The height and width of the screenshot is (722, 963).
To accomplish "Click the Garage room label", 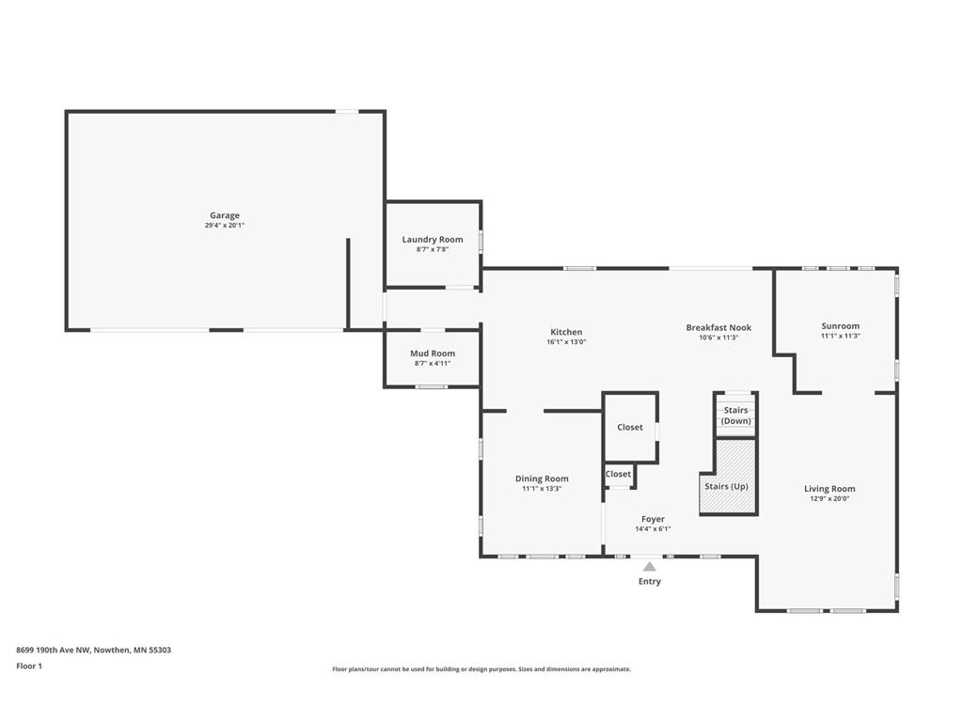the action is tap(225, 215).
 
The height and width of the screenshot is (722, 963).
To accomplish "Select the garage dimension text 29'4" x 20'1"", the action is tap(225, 226).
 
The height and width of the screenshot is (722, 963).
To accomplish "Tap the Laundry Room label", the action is tap(433, 240).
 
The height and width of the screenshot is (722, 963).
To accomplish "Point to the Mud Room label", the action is tap(433, 353).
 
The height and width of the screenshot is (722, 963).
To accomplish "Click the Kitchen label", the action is tap(566, 332).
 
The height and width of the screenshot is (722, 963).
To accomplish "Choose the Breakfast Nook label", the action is tap(718, 328).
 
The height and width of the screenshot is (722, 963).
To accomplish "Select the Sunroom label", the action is tap(840, 326).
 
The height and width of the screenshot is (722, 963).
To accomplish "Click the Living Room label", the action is tap(829, 489).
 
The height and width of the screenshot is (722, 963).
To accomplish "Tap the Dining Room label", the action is tap(542, 479).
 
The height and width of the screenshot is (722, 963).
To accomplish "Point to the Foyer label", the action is tap(653, 519).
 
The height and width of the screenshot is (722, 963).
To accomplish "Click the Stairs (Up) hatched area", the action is tap(728, 477).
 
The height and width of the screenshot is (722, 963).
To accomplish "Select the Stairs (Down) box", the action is tap(735, 415).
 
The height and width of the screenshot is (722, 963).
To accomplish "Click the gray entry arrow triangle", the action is tap(649, 567).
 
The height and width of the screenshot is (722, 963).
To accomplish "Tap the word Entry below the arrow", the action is tap(649, 581).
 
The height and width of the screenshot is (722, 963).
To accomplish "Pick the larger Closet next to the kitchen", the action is tap(630, 428).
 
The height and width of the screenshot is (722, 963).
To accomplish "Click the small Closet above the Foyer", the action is tap(618, 474).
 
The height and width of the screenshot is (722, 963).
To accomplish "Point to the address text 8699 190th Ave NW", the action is tap(54, 650).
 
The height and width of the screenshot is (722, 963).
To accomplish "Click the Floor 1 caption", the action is tap(29, 666).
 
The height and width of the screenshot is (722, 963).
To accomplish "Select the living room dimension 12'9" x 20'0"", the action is tap(829, 499).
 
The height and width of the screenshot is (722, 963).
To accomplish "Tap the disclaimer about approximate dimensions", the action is tap(481, 669).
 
